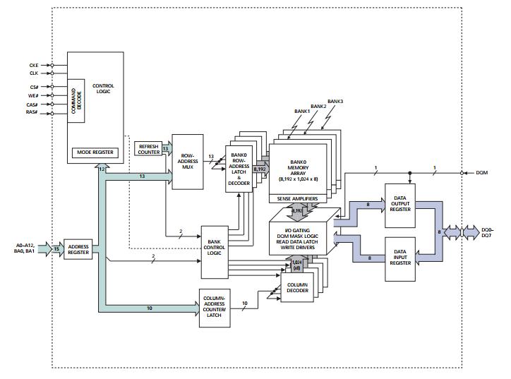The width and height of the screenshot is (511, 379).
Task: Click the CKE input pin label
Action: [x=33, y=65]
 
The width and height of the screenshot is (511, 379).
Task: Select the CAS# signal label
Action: [x=32, y=104]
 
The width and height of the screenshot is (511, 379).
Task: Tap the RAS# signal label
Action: [x=32, y=112]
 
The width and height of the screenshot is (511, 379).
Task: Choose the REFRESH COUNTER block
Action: [x=148, y=149]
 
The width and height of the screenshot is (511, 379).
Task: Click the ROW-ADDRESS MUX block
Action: [x=187, y=161]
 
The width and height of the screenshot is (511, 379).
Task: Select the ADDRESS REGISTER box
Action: [x=78, y=248]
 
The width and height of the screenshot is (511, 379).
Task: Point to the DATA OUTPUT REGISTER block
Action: [x=400, y=205]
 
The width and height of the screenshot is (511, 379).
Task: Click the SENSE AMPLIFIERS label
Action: [x=299, y=200]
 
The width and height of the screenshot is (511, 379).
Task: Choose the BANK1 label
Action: [x=302, y=112]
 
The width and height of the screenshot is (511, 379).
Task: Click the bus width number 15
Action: [x=56, y=248]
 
